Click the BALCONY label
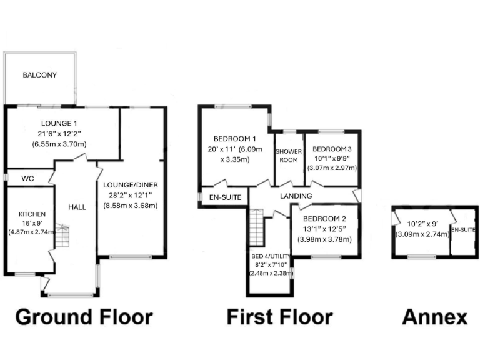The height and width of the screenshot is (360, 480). coord(39,76)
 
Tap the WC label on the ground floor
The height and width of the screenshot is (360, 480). coord(27,179)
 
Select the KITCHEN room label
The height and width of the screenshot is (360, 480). coord(27,214)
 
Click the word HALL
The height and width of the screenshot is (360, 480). coord(77,207)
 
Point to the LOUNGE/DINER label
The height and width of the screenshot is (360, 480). coord(131,185)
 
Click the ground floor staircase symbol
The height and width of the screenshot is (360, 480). coord(61,237)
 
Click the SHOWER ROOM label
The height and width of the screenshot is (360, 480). coord(289,155)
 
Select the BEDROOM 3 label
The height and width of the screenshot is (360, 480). coord(332,149)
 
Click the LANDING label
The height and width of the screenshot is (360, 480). coord(296,196)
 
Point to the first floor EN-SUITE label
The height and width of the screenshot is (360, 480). coord(226,197)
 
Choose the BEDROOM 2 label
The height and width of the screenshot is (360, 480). coord(324,219)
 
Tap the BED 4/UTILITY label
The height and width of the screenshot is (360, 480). coord(271,256)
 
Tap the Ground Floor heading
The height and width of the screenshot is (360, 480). coord(83,317)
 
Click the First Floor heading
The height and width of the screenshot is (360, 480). coord(279,317)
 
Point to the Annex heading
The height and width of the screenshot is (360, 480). coord(434,317)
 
